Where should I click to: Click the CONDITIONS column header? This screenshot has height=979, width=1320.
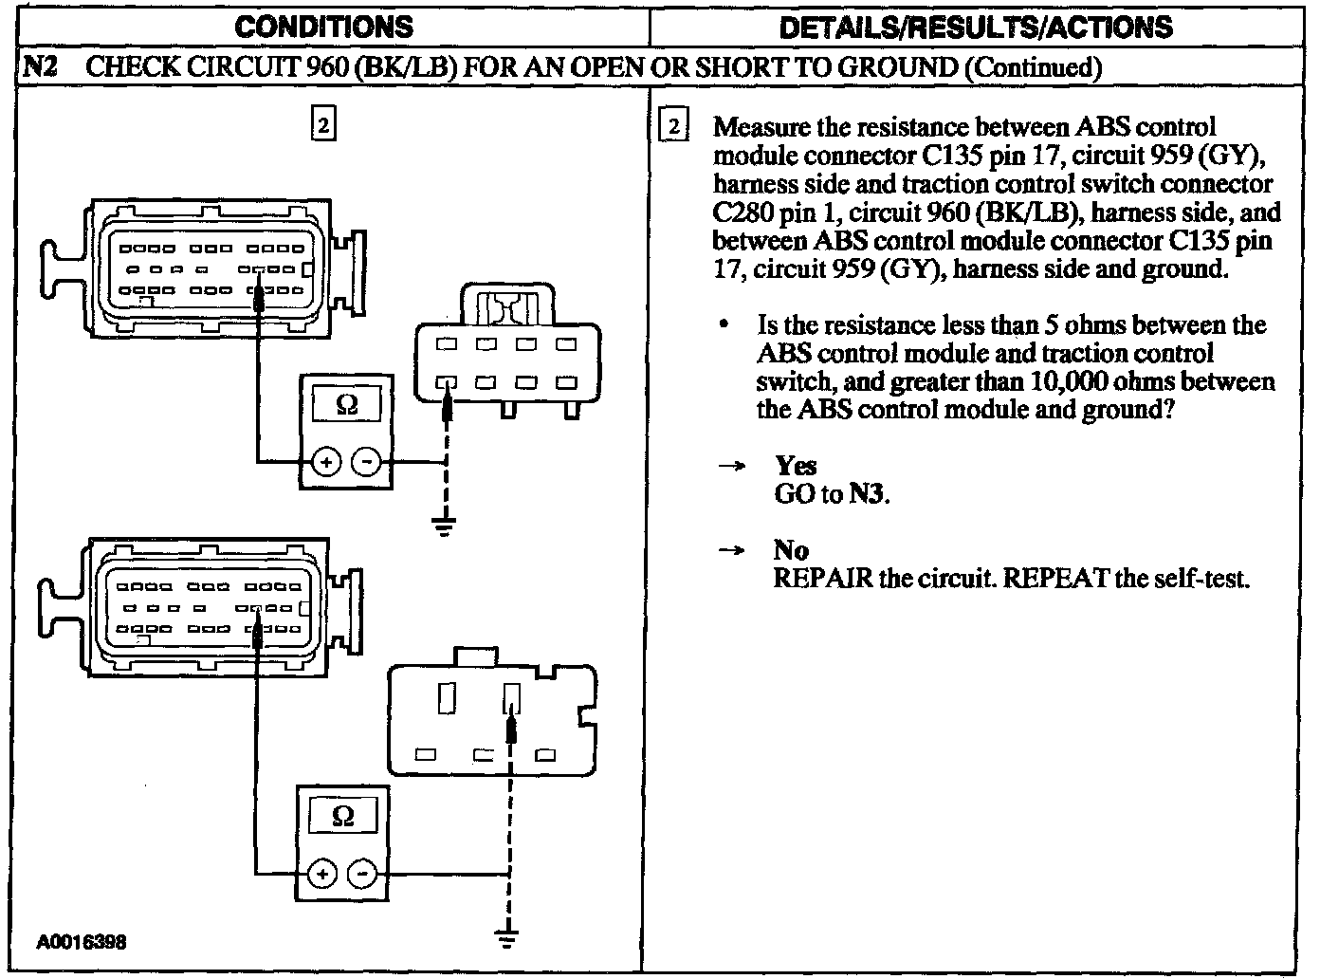(x=323, y=26)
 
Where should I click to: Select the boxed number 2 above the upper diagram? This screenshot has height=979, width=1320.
(x=323, y=125)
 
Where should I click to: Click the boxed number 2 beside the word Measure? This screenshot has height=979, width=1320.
(x=672, y=127)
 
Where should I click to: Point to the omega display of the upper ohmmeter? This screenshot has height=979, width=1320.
(x=347, y=405)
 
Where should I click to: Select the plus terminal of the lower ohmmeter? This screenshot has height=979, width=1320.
(x=322, y=873)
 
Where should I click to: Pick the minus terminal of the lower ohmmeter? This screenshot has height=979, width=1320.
(x=362, y=873)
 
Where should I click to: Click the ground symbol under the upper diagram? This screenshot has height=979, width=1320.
(x=443, y=525)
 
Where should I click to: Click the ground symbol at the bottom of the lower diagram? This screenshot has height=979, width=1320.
(x=508, y=938)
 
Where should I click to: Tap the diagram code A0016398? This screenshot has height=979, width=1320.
(x=82, y=942)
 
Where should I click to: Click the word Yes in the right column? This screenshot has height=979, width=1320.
(x=796, y=466)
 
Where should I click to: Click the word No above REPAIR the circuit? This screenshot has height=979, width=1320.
(x=791, y=550)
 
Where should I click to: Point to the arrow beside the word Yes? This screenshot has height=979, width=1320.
(x=731, y=467)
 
